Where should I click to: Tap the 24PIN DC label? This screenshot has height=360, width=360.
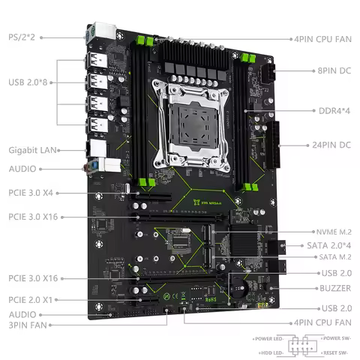(x=330, y=144)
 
